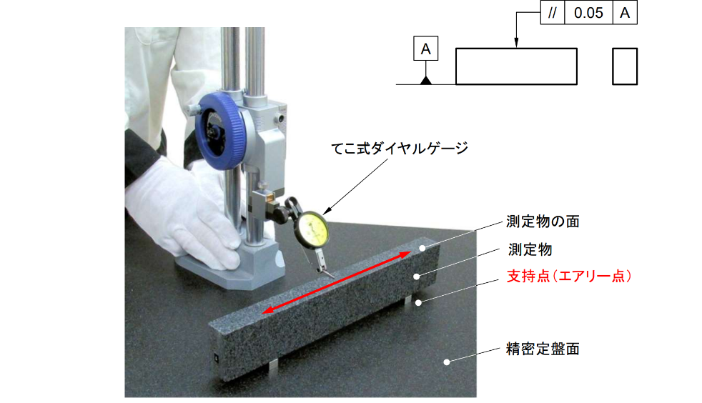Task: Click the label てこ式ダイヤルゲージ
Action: [400, 148]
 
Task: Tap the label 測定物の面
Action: [543, 222]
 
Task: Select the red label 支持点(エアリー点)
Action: [569, 276]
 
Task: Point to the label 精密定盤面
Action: [543, 349]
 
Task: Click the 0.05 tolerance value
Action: [588, 13]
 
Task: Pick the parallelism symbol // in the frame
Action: [553, 13]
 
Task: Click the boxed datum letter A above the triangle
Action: [426, 49]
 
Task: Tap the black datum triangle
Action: [426, 80]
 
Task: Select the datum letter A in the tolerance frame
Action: [625, 13]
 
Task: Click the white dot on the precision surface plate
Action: [446, 362]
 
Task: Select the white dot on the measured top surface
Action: [422, 248]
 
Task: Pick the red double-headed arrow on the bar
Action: [336, 283]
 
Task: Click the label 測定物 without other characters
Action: [530, 249]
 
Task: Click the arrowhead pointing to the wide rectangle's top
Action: [516, 43]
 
